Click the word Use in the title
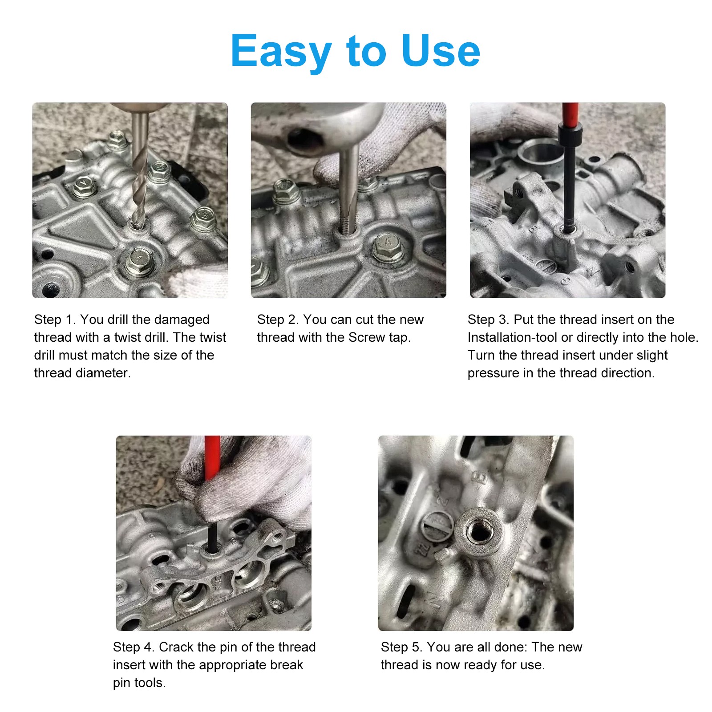pos(440,51)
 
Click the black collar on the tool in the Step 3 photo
pos(570,135)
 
